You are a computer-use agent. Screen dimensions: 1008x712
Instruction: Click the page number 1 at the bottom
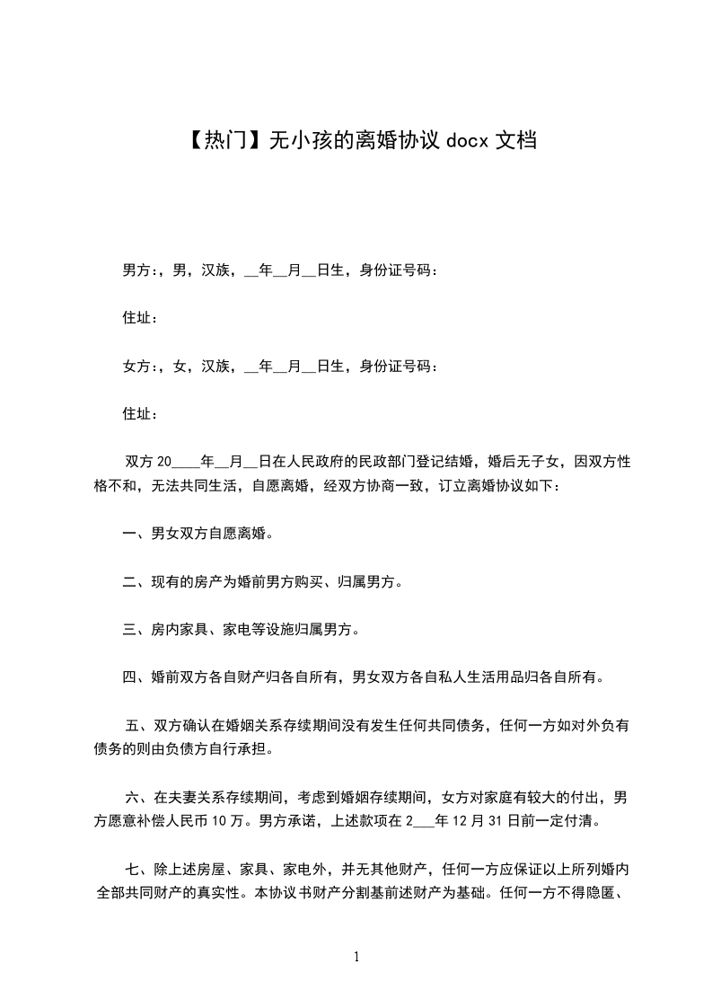click(x=356, y=957)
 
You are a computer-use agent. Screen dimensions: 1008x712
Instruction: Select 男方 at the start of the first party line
click(x=136, y=270)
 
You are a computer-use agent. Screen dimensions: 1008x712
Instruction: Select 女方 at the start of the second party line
click(x=136, y=366)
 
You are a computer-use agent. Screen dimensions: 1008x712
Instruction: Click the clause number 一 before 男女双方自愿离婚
click(x=128, y=534)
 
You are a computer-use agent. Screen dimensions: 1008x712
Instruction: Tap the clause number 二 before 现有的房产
click(x=128, y=582)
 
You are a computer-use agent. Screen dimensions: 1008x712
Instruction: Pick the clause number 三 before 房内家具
click(x=128, y=630)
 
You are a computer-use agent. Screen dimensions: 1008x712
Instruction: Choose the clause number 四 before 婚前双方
click(x=128, y=677)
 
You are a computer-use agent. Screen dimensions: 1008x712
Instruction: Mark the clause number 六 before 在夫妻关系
click(x=133, y=797)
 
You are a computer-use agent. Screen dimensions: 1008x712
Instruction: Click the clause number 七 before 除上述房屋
click(x=133, y=869)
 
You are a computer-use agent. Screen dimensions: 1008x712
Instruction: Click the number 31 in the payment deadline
click(x=500, y=820)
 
